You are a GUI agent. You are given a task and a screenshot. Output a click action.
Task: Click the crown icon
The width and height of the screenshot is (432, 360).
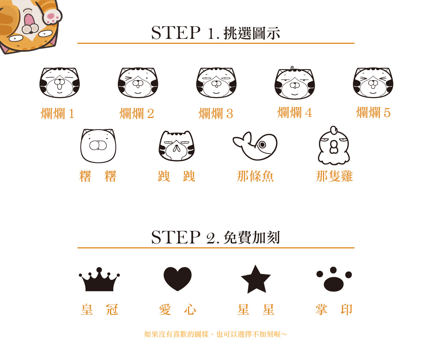[99, 280]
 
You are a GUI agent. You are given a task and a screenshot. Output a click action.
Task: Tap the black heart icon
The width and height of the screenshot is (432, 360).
[178, 279]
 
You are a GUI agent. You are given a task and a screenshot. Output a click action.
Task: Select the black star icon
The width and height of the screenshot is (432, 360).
[256, 280]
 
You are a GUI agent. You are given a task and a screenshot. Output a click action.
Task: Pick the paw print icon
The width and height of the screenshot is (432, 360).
[334, 279]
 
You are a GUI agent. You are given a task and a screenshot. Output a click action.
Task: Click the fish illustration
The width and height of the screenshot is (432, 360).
[255, 146]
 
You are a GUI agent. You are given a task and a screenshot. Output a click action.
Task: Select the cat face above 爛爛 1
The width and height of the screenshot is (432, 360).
[60, 83]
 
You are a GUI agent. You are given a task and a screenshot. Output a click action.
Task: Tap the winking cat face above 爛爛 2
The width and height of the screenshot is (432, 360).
[138, 83]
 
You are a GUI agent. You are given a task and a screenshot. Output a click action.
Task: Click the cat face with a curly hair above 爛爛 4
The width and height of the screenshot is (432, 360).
[295, 83]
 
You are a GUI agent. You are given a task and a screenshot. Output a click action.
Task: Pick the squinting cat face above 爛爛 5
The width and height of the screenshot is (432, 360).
[373, 83]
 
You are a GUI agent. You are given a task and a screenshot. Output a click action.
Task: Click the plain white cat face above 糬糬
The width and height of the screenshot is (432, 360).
[98, 146]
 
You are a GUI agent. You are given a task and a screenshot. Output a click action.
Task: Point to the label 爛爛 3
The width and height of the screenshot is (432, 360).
[216, 113]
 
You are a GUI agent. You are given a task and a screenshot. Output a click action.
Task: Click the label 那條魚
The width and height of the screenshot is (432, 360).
[255, 176]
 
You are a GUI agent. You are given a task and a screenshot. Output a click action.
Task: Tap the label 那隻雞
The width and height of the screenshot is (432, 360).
[334, 176]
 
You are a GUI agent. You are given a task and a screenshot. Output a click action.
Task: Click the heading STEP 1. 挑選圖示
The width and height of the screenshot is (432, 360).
[215, 33]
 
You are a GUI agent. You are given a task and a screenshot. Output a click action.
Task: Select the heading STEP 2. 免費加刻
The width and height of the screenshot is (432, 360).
[215, 237]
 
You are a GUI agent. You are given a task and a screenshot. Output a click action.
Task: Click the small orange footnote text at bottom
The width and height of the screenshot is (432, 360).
[215, 334]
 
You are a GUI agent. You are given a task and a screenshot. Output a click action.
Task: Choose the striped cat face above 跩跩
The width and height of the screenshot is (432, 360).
[177, 146]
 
